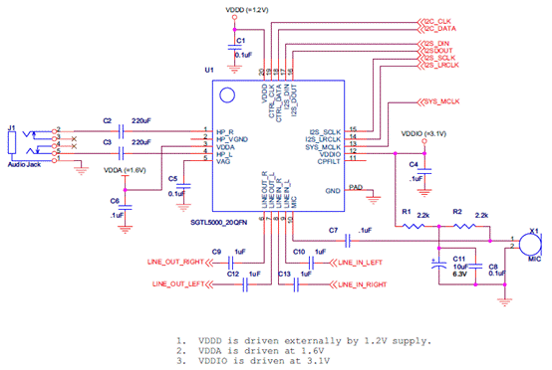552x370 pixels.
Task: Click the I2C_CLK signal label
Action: click(439, 21)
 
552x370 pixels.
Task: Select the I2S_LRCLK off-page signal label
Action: click(440, 66)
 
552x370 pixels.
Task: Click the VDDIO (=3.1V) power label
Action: click(423, 132)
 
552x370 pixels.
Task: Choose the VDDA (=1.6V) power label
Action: click(125, 170)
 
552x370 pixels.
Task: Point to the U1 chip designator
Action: click(209, 72)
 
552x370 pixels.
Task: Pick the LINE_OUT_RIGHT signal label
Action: click(178, 265)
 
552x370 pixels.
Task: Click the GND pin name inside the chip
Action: click(333, 189)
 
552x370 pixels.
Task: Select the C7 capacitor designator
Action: click(333, 231)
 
